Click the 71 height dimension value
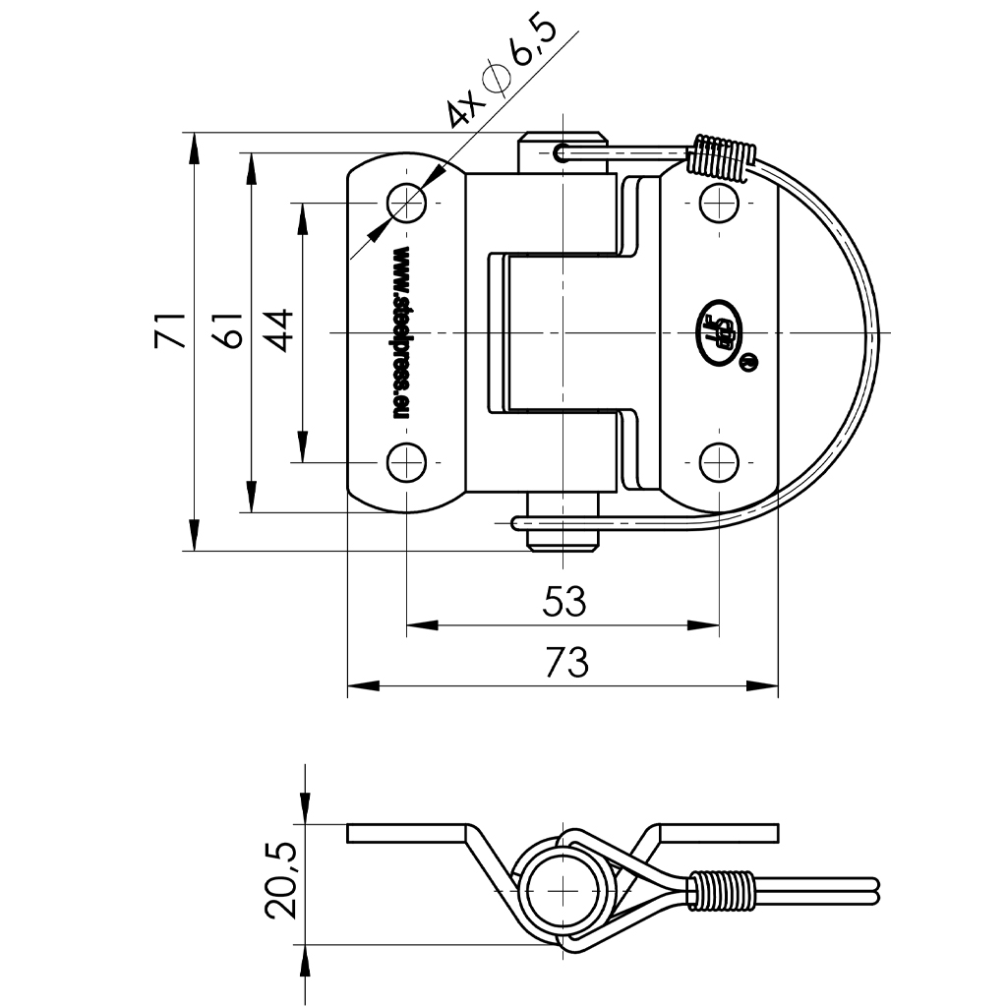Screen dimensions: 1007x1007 170,331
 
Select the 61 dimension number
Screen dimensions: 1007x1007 227,331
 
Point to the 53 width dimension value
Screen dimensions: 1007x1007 563,601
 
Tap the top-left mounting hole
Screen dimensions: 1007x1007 406,204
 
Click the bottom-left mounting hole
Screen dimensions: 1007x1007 406,461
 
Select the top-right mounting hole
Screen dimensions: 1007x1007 720,204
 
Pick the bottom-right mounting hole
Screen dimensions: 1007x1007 720,461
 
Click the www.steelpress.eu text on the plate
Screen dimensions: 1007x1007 401,332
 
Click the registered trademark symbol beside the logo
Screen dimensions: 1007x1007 748,363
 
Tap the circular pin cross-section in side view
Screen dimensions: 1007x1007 563,890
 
